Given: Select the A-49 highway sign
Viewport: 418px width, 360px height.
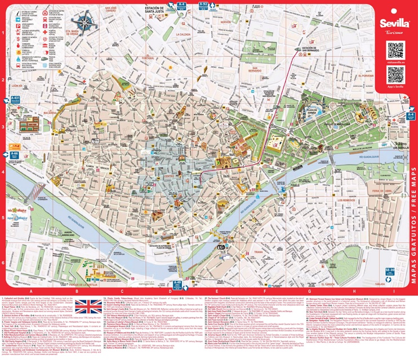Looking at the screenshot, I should point(178,284).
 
